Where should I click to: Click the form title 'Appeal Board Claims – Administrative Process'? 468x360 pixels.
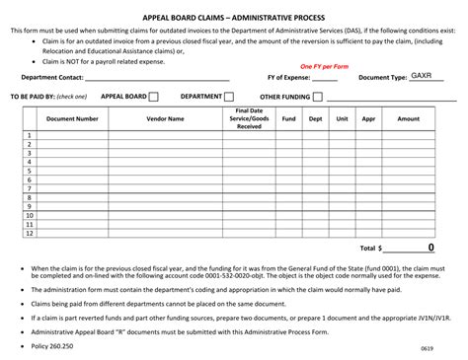click(x=233, y=17)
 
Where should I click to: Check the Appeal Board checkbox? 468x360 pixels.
click(x=155, y=97)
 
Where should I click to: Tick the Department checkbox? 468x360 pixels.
click(x=229, y=97)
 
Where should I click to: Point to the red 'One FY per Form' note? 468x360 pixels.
click(x=325, y=65)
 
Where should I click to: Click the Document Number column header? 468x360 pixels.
click(x=72, y=118)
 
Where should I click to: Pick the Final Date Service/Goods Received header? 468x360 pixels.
click(x=249, y=118)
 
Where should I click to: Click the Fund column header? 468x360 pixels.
click(x=288, y=118)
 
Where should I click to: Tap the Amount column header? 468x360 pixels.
click(x=408, y=118)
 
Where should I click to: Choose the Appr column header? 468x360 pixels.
click(x=368, y=118)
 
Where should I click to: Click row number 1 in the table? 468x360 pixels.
click(x=30, y=135)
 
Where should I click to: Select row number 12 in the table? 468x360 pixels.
click(x=30, y=233)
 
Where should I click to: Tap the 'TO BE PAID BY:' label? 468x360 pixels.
click(x=34, y=97)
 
